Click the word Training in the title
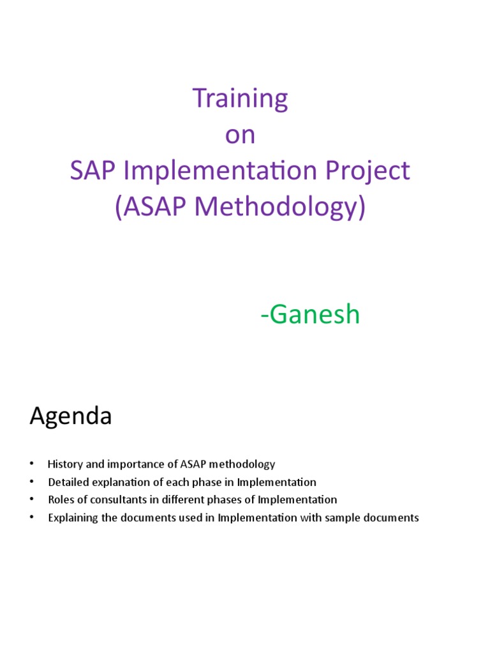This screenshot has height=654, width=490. pos(240,98)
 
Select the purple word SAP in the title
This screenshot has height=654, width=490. pos(89,171)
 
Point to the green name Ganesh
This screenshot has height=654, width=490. pos(313,315)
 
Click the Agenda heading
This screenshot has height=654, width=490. pos(71,416)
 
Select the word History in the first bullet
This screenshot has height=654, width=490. pos(63,464)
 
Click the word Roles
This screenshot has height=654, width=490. pos(60,500)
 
